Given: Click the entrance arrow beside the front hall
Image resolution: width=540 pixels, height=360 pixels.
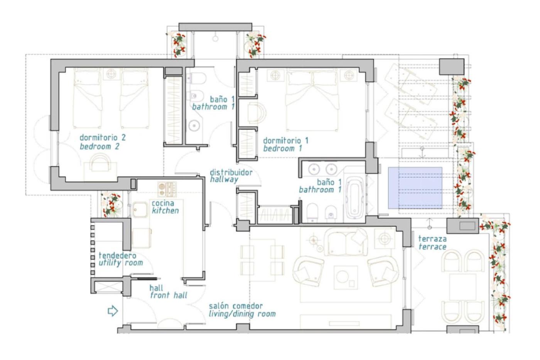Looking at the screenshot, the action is coord(113,311).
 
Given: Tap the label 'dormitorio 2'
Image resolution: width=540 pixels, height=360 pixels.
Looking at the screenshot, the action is coord(103,137).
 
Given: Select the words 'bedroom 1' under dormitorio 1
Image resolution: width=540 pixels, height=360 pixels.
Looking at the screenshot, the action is coord(282,149).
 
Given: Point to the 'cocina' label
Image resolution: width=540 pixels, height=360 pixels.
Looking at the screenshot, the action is coord(163,203).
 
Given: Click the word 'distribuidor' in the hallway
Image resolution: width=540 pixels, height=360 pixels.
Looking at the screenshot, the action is coord(231,172).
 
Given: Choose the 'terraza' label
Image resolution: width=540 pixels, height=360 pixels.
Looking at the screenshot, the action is coord(432,239).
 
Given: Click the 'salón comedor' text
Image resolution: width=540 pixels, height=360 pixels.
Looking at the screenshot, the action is coord(236,306).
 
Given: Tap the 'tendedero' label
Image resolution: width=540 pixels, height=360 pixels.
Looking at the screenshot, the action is coord(117,255).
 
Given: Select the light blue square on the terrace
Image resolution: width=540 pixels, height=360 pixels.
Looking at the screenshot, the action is coord(415,188).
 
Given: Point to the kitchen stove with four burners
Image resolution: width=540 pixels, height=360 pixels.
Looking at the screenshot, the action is coord(167,189).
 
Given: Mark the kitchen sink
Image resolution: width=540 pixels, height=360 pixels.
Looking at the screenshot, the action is coord(140,210).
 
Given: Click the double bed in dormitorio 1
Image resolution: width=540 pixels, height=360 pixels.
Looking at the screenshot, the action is coord(312,100).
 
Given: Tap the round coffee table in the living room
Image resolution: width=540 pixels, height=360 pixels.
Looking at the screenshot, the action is coord(342,276).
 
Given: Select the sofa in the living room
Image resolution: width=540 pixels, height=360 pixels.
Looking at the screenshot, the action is coord(346,242).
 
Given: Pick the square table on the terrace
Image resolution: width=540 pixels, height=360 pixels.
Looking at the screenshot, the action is coord(462,287).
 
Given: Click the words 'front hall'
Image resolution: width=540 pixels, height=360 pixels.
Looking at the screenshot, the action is coord(169,296).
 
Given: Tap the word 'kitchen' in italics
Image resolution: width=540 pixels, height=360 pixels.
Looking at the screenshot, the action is coord(165,211).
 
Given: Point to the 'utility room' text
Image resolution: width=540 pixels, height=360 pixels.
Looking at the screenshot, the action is coord(121,263).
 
